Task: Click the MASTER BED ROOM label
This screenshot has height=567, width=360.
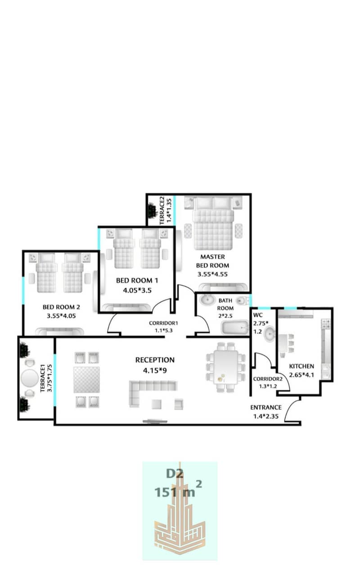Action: coord(213,261)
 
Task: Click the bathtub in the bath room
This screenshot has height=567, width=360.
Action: coord(235,328)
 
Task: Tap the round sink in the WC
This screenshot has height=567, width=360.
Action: coord(270,334)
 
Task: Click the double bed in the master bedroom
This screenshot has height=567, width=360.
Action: coord(213,223)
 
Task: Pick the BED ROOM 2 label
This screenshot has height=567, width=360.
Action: coord(61,307)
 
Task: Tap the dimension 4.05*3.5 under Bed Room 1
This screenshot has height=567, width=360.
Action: coord(137,290)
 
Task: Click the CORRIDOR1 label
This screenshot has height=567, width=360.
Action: coord(163,323)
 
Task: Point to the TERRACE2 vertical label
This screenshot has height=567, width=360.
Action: coord(162,210)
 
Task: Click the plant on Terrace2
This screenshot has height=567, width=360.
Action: coord(152,210)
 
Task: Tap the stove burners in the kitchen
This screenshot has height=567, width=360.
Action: coord(326,324)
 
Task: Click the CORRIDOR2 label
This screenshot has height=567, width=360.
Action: coord(268,379)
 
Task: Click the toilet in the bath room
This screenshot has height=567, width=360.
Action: coord(241,301)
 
